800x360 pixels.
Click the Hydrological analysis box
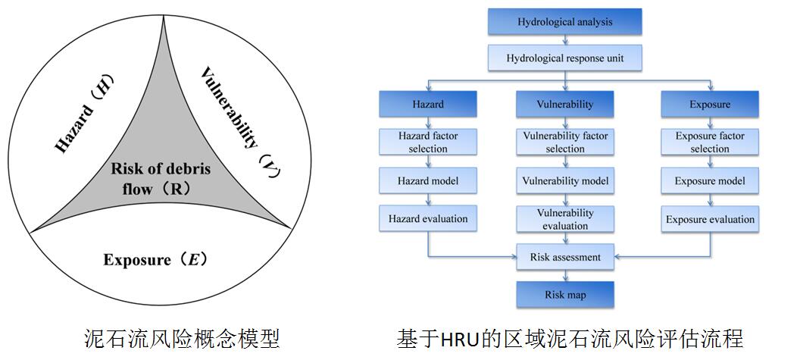(565, 22)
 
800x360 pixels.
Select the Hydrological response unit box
(565, 57)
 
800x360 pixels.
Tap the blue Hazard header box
(428, 104)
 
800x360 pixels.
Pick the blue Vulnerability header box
(565, 104)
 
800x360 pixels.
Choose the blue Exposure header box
(710, 104)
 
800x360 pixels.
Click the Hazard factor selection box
(428, 142)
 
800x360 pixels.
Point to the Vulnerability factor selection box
(565, 142)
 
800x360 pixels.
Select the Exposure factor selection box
(710, 142)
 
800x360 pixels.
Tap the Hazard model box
(428, 181)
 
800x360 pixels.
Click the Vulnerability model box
(565, 181)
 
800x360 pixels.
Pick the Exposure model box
(710, 181)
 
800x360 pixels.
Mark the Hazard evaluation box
(428, 219)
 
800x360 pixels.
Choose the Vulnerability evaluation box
(565, 219)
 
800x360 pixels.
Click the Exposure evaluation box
(710, 219)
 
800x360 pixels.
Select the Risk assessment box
(565, 257)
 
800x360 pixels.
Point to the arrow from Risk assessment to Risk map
(565, 275)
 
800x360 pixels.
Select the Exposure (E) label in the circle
(156, 260)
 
